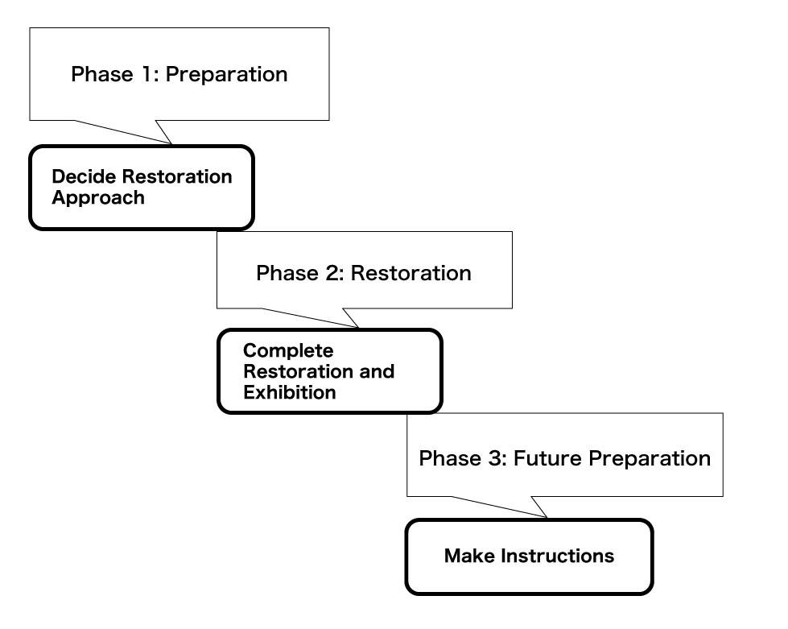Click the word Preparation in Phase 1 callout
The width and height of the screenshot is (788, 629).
tap(227, 75)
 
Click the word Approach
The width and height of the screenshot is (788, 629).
tap(98, 198)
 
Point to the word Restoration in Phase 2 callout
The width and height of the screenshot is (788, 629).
tap(411, 274)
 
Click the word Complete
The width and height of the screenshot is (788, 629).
tap(288, 351)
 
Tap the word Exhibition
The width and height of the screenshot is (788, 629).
tap(290, 392)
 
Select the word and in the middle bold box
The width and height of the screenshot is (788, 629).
tap(377, 371)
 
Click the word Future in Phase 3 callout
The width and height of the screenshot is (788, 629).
tap(547, 458)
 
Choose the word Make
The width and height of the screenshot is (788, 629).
tap(470, 556)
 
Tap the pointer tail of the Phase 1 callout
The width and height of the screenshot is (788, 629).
tap(171, 143)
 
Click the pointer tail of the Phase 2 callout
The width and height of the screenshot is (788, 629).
tap(358, 327)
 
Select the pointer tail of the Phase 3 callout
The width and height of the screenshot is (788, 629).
tap(546, 516)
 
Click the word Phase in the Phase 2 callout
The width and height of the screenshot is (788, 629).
tap(287, 274)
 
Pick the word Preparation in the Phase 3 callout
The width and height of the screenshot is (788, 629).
tap(650, 459)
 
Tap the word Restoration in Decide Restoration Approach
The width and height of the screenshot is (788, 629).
tap(177, 176)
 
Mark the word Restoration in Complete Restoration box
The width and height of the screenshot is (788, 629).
tap(299, 371)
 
